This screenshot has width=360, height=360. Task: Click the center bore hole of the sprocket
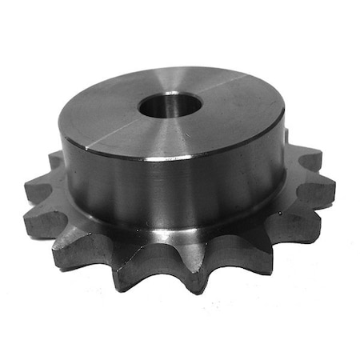tap(170, 105)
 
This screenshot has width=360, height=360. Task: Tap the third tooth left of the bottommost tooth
tap(45, 219)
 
